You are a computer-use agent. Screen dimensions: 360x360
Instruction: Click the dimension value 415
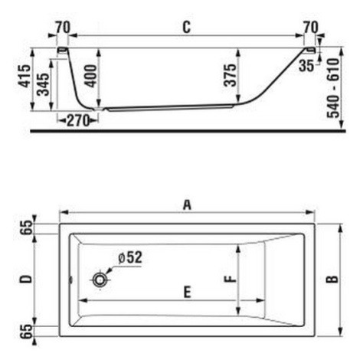click(x=25, y=76)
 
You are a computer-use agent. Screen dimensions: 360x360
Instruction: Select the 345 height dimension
click(x=43, y=84)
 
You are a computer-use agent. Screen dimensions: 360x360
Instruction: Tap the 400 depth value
click(x=90, y=76)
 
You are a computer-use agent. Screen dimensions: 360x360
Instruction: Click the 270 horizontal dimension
click(x=78, y=120)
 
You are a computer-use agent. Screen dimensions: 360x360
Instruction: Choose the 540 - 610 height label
click(x=334, y=88)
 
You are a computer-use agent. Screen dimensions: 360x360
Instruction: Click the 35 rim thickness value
click(x=306, y=65)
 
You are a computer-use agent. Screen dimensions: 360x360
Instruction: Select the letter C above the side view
click(x=187, y=27)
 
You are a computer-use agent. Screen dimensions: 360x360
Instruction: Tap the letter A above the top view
click(x=187, y=205)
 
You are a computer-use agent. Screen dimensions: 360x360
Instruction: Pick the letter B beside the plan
click(x=332, y=280)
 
